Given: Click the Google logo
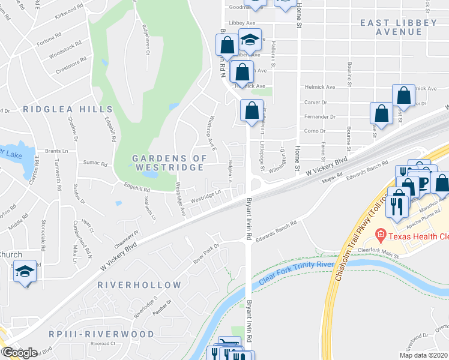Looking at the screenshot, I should (19, 353).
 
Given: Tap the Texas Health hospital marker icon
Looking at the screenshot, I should (379, 234).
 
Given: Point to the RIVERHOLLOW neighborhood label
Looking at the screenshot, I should (139, 285).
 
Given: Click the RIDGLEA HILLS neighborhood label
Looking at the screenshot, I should (67, 109).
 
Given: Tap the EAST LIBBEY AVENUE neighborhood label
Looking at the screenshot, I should (399, 27).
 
